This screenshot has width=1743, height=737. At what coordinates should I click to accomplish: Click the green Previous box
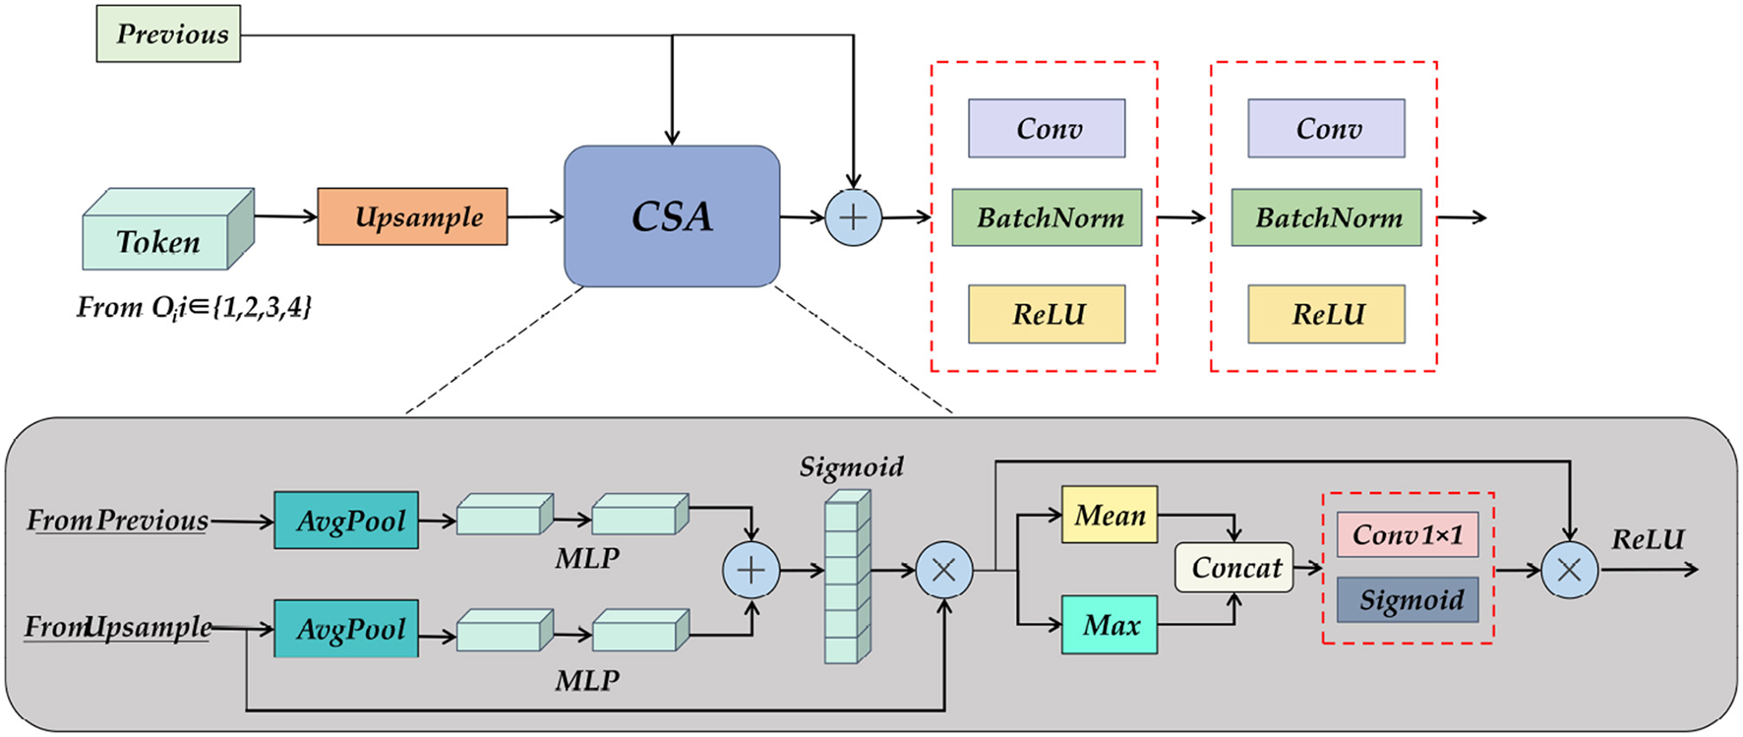(x=168, y=34)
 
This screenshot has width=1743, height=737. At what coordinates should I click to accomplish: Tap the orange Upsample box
(x=412, y=216)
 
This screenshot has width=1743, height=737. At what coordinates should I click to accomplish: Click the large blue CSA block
(x=672, y=216)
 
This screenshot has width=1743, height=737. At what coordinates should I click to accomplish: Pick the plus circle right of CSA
(x=853, y=217)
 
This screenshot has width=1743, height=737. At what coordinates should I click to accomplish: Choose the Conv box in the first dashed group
(x=1047, y=128)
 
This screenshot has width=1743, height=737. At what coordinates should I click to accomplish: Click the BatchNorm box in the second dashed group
(x=1326, y=217)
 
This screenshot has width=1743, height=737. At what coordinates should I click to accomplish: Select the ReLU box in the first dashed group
(x=1047, y=314)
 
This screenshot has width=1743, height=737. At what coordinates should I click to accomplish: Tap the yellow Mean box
(x=1109, y=515)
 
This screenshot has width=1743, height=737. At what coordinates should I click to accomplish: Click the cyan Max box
(x=1109, y=625)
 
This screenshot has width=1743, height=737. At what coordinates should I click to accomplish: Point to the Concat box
(x=1234, y=568)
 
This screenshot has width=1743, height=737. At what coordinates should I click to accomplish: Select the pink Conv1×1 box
(x=1408, y=534)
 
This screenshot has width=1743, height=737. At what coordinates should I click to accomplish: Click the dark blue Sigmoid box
(x=1408, y=600)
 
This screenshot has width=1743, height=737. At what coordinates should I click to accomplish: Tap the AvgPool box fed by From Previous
(x=346, y=521)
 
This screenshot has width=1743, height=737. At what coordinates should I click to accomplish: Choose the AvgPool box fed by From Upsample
(x=346, y=629)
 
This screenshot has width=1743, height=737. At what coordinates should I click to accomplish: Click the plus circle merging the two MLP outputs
(x=751, y=570)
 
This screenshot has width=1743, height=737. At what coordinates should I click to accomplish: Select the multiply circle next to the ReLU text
(x=1569, y=570)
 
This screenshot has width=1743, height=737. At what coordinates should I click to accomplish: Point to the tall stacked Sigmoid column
(x=846, y=578)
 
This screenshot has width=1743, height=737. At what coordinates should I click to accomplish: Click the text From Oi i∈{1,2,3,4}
(x=194, y=308)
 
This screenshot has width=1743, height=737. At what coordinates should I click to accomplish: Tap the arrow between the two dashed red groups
(x=1182, y=217)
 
